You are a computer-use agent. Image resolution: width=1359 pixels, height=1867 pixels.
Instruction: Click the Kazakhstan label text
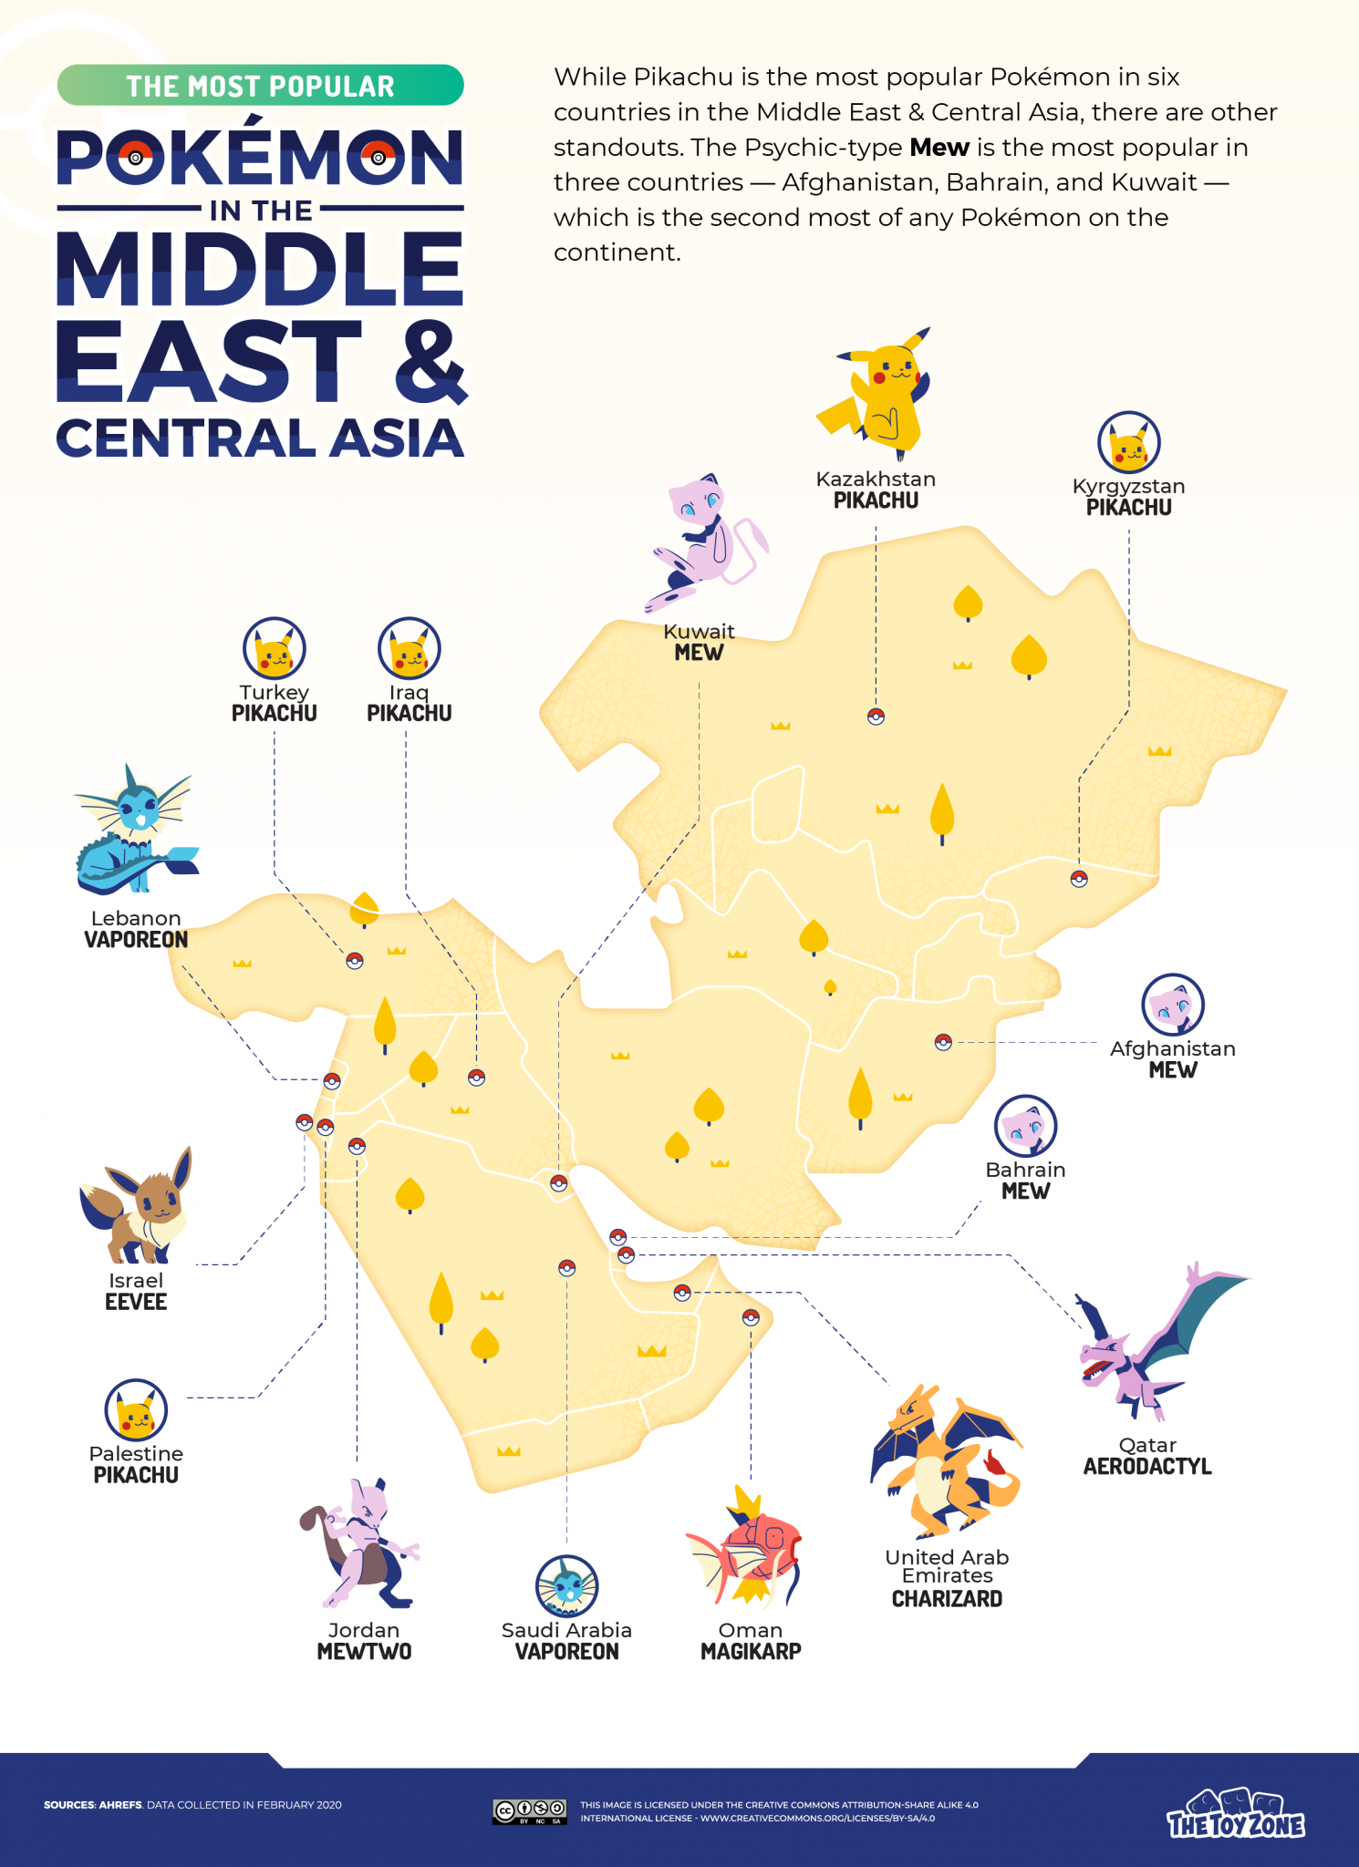pos(876,480)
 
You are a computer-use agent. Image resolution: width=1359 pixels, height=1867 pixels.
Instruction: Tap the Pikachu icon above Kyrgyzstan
pos(1128,443)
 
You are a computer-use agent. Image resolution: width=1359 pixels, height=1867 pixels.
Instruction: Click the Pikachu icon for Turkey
pos(274,648)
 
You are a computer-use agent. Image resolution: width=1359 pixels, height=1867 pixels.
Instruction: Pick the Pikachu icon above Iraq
pos(409,648)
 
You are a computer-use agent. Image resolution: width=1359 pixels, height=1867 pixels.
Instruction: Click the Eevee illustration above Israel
pos(137,1205)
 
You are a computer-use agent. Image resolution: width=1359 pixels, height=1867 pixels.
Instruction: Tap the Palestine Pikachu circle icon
pos(136,1410)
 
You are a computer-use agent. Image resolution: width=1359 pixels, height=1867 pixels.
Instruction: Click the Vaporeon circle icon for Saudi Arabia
pos(566,1586)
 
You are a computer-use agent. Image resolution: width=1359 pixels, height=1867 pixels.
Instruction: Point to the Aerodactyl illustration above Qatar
pos(1158,1340)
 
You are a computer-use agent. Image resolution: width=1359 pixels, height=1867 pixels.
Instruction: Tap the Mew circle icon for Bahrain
pos(1025,1126)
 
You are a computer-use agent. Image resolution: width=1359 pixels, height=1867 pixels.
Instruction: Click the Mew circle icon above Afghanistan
pos(1173,1005)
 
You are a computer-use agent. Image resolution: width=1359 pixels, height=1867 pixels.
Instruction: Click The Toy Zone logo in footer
pos(1236,1814)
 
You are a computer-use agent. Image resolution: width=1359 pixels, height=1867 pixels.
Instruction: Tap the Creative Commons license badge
pos(529,1811)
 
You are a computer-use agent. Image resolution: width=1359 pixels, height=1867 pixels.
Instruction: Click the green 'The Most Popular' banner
pos(260,86)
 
